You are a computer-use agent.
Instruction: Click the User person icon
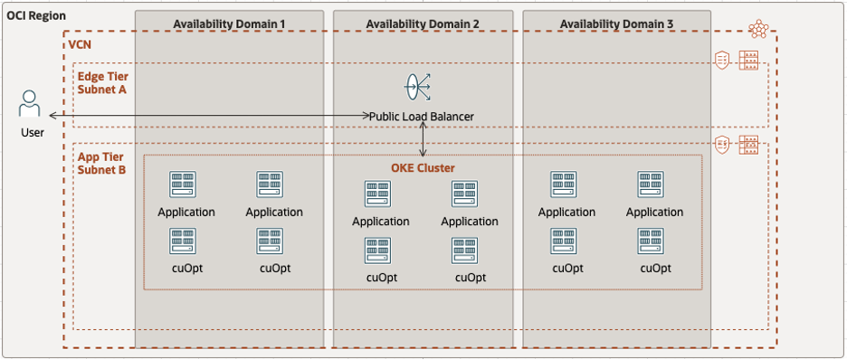pyautogui.click(x=31, y=103)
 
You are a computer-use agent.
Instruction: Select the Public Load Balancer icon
pyautogui.click(x=417, y=88)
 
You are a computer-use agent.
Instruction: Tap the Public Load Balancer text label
pyautogui.click(x=422, y=117)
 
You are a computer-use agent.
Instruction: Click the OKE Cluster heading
pyautogui.click(x=423, y=167)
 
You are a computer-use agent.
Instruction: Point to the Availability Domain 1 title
pyautogui.click(x=229, y=23)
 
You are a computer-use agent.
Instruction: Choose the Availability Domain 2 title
pyautogui.click(x=423, y=23)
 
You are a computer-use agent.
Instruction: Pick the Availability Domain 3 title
pyautogui.click(x=616, y=23)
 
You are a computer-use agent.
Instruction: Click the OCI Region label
pyautogui.click(x=36, y=15)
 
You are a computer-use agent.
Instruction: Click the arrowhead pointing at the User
pyautogui.click(x=53, y=117)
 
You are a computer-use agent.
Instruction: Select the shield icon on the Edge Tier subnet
pyautogui.click(x=722, y=61)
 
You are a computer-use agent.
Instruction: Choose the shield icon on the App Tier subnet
pyautogui.click(x=722, y=144)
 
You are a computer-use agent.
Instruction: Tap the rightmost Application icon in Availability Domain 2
pyautogui.click(x=465, y=194)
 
